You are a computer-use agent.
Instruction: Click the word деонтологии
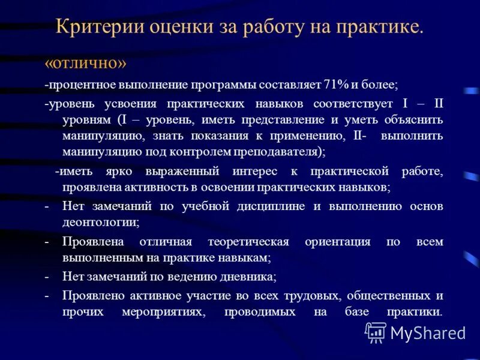(x=100, y=222)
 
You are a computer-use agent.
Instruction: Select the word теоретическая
(x=248, y=241)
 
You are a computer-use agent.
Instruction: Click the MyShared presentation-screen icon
(x=376, y=332)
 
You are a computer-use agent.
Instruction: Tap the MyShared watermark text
(x=428, y=333)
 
